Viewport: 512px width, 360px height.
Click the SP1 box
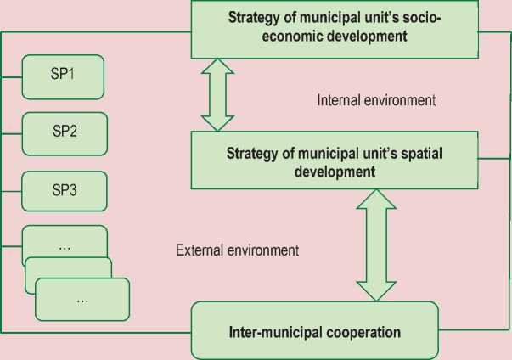click(63, 75)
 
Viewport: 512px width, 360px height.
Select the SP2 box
click(63, 132)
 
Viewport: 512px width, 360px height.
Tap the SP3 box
click(63, 189)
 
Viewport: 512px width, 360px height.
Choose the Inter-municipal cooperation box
click(314, 329)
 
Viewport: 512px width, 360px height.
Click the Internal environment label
click(376, 100)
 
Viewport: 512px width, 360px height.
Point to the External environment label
click(237, 250)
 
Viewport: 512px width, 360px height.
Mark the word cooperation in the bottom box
click(360, 329)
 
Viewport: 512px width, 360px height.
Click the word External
click(200, 250)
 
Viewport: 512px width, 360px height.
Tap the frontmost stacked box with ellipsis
click(82, 300)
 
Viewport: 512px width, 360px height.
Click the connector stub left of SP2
click(12, 132)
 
